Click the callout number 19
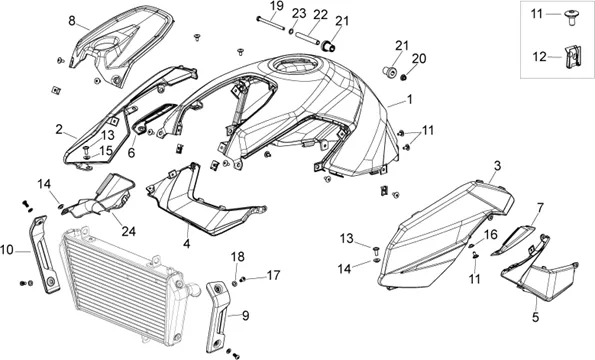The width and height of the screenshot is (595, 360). click(x=277, y=6)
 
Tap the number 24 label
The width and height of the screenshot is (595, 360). click(x=129, y=231)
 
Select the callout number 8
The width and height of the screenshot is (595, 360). click(x=72, y=20)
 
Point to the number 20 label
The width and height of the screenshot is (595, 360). click(x=419, y=58)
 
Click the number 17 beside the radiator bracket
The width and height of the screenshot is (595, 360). click(x=273, y=275)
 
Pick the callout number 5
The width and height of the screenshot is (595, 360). click(x=535, y=317)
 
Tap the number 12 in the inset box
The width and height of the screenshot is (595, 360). click(x=539, y=57)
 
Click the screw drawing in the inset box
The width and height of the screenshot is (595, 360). click(x=570, y=17)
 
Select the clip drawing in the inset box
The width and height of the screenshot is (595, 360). click(x=572, y=57)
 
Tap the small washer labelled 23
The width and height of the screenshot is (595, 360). click(x=291, y=31)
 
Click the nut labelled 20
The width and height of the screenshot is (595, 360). click(x=403, y=77)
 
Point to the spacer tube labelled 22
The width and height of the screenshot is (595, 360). click(x=307, y=38)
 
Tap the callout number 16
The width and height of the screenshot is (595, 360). click(x=490, y=235)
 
